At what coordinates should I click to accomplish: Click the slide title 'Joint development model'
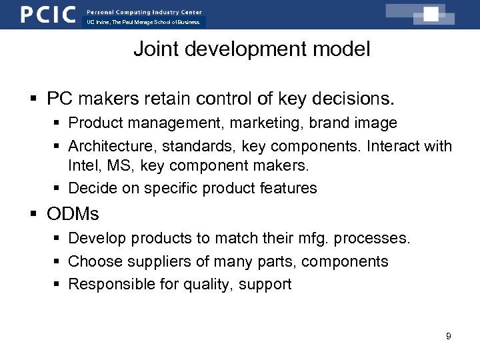click(x=251, y=49)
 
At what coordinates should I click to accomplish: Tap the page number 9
click(x=449, y=336)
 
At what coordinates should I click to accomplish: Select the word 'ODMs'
click(x=73, y=214)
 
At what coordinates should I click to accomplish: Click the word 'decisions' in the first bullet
click(x=355, y=99)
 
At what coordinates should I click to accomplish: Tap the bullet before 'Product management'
click(x=58, y=123)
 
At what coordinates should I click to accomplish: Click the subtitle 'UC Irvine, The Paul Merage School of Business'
click(x=143, y=22)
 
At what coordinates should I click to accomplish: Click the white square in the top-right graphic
click(x=431, y=14)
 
